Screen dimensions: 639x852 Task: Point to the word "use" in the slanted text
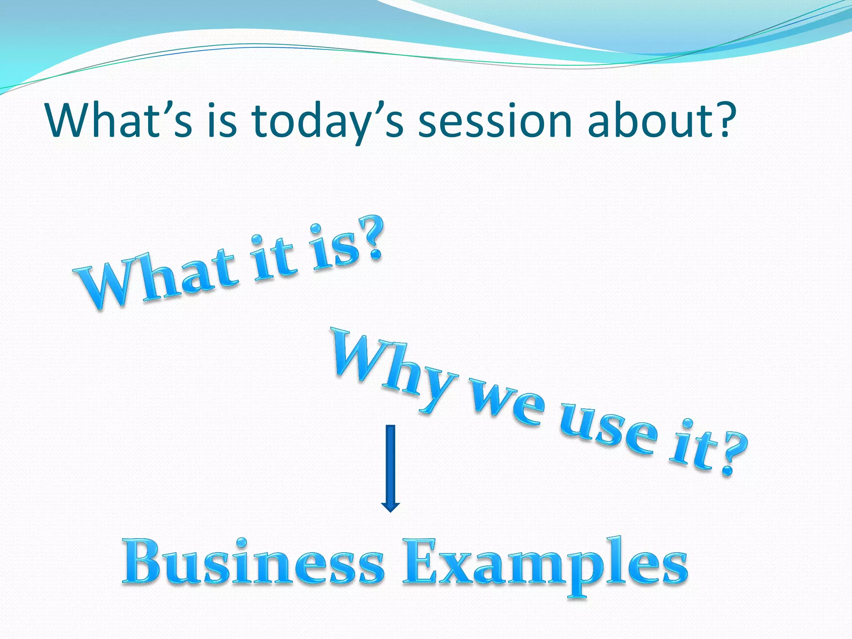tap(607, 433)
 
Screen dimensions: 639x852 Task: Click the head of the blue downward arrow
tap(390, 506)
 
